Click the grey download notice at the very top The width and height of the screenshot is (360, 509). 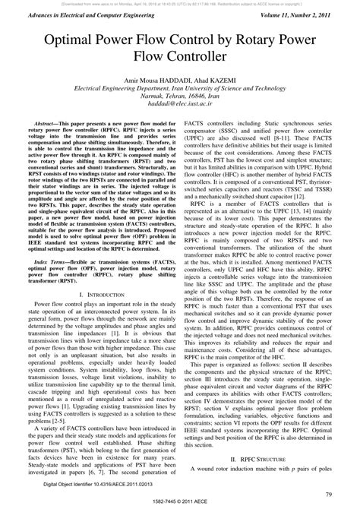click(179, 3)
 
